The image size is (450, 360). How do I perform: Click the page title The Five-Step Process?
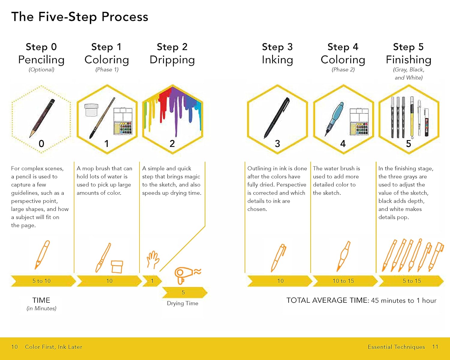click(80, 17)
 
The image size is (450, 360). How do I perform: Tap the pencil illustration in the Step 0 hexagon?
click(42, 118)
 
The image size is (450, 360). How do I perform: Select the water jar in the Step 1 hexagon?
click(91, 110)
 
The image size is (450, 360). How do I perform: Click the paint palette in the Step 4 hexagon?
click(359, 121)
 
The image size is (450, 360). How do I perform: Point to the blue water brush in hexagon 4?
click(334, 119)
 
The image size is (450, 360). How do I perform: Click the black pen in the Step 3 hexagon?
click(277, 118)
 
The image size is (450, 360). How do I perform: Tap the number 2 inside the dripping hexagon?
click(172, 144)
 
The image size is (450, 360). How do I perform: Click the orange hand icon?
click(153, 259)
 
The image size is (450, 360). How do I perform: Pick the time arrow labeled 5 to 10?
click(43, 281)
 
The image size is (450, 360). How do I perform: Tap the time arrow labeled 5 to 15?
click(411, 281)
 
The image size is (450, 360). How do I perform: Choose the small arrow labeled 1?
click(152, 281)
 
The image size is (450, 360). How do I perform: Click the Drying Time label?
click(183, 303)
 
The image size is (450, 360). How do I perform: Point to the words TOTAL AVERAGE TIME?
click(328, 300)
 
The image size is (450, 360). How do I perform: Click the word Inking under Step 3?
click(277, 60)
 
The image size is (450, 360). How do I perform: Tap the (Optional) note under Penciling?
click(41, 70)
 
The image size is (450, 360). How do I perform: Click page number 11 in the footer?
click(435, 347)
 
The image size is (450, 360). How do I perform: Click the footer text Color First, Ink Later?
click(53, 347)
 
